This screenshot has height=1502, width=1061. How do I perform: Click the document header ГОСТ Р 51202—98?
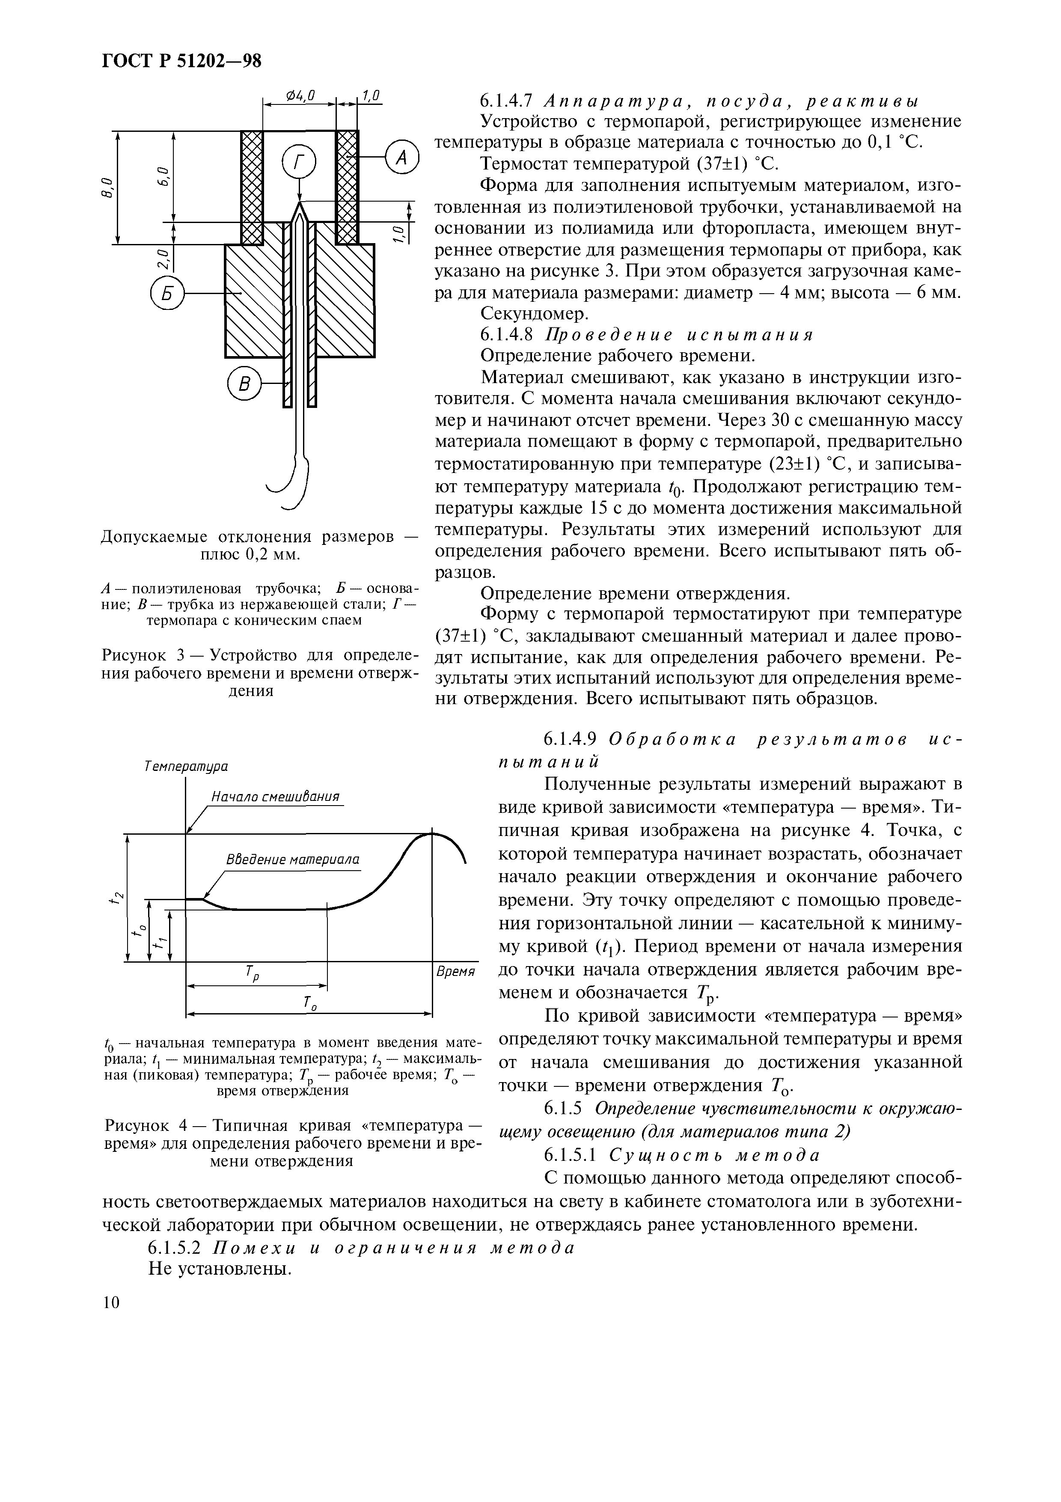[181, 61]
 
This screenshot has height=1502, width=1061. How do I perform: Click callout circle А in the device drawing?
[400, 157]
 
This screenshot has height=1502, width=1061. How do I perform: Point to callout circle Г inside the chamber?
[299, 162]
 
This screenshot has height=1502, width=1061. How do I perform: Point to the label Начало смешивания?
[275, 797]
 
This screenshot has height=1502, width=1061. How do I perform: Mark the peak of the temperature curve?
[432, 832]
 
